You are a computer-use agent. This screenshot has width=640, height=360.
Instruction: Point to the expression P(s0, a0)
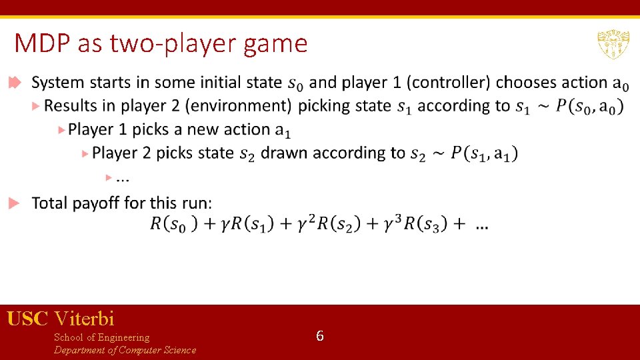tap(589, 106)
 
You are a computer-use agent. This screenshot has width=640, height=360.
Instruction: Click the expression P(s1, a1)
tap(483, 153)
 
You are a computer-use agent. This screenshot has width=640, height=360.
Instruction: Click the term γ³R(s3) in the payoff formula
tap(405, 224)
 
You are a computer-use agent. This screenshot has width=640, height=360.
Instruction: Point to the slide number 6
tap(320, 336)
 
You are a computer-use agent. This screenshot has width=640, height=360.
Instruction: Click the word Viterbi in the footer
tap(85, 319)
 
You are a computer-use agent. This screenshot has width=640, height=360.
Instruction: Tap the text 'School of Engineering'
tap(101, 337)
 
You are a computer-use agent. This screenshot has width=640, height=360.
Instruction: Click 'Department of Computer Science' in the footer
tap(125, 350)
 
